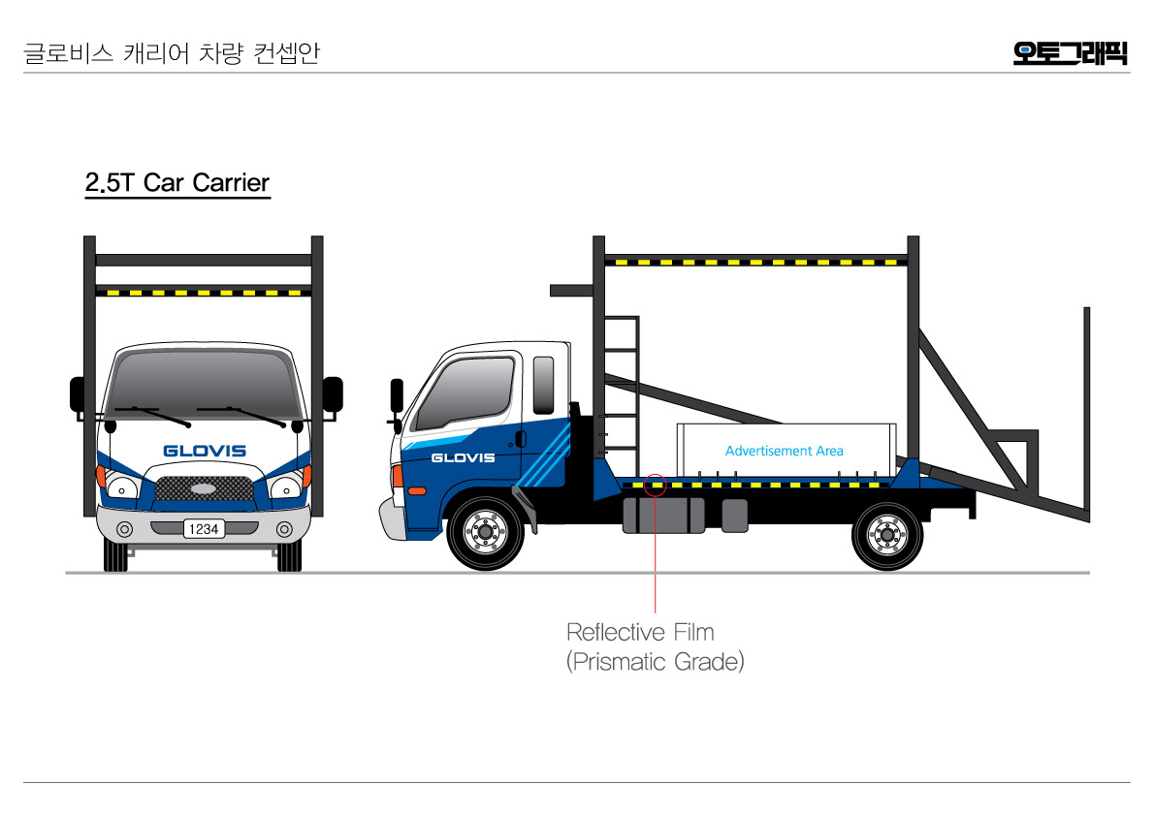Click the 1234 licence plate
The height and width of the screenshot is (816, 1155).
(204, 529)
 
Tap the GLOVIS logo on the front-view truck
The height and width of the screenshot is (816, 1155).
(205, 451)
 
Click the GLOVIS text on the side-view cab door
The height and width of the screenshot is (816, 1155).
(463, 457)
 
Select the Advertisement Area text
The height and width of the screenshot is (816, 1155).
(784, 451)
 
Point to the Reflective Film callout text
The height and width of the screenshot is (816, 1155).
(640, 633)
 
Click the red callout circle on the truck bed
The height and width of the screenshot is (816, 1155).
(656, 484)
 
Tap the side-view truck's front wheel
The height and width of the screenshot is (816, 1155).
(484, 532)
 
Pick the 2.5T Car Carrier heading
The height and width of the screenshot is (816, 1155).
(177, 182)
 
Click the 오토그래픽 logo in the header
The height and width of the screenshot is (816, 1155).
(1070, 52)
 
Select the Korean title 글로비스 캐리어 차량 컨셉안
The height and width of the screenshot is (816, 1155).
(171, 53)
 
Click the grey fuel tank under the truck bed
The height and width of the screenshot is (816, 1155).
(663, 515)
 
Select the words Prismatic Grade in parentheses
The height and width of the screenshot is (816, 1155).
(656, 663)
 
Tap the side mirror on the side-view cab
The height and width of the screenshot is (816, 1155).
(397, 394)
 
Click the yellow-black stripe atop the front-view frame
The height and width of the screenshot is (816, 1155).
(203, 291)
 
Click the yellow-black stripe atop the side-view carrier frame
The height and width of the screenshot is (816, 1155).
(756, 262)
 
